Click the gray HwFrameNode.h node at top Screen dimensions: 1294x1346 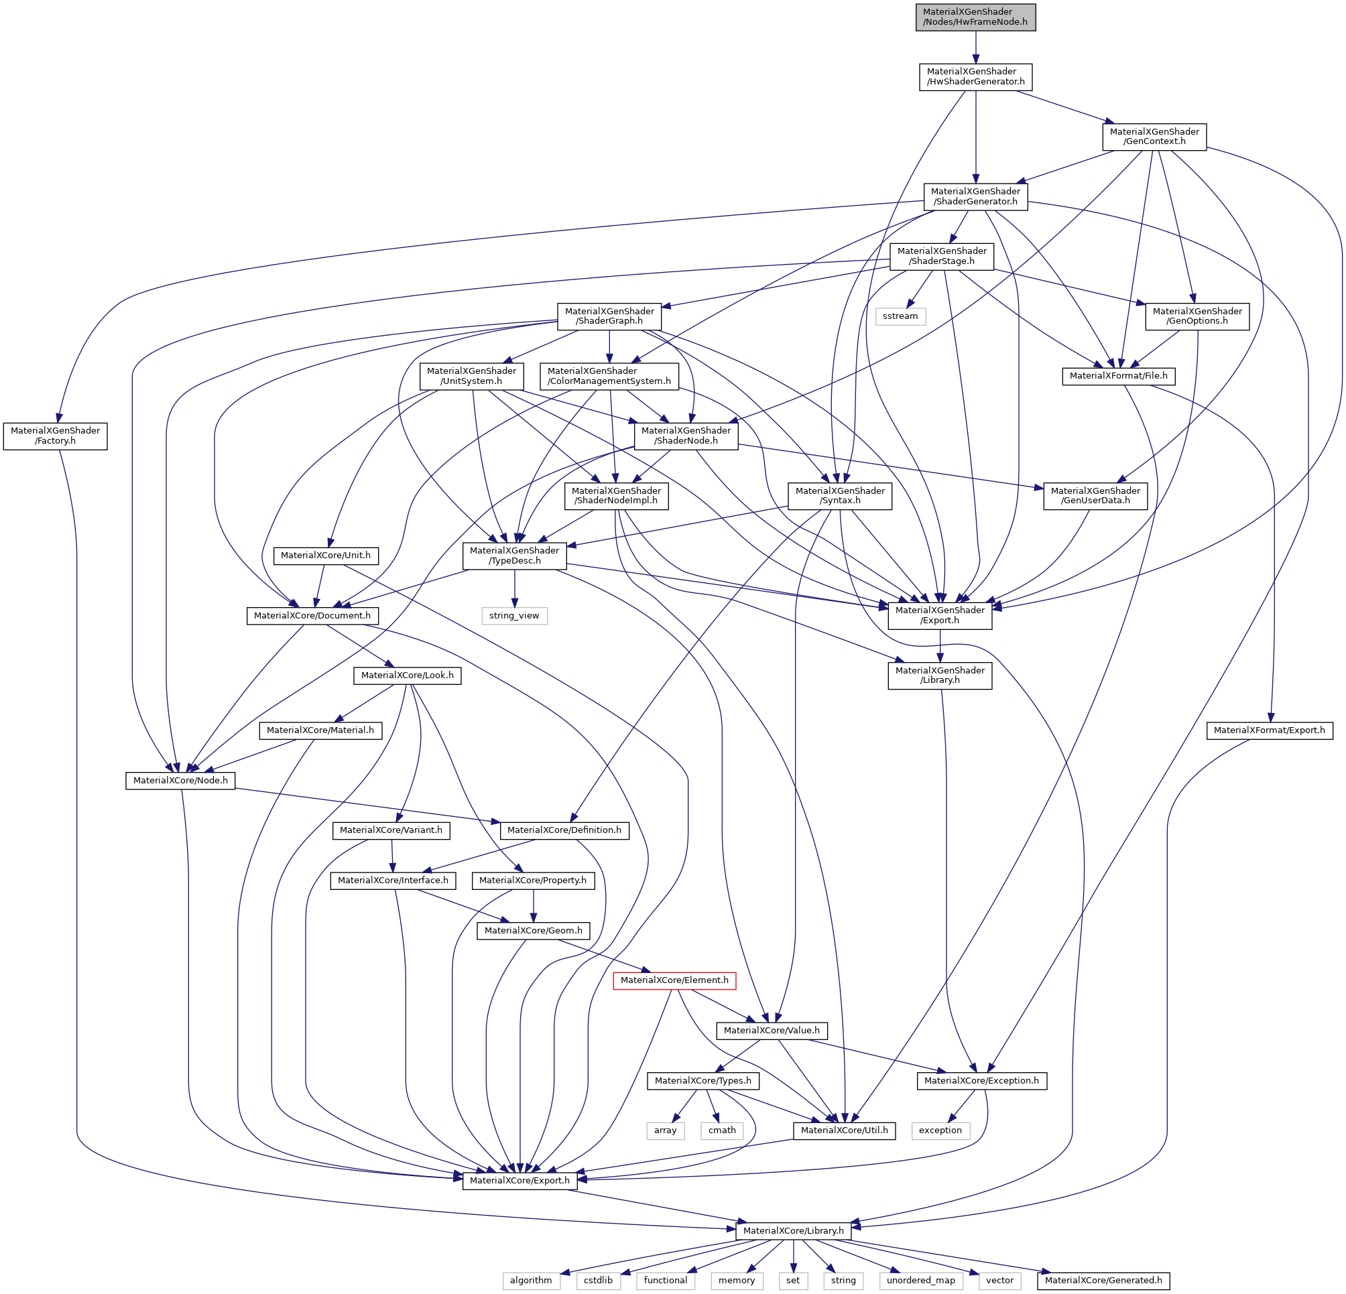(975, 17)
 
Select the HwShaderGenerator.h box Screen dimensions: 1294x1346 (975, 76)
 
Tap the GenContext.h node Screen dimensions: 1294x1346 (1154, 137)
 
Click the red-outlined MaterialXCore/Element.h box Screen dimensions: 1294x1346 (674, 980)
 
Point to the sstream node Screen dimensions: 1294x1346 (900, 316)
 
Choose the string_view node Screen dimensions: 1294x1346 (513, 616)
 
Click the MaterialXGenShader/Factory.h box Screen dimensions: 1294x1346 (55, 436)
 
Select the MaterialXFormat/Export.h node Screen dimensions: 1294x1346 (1269, 730)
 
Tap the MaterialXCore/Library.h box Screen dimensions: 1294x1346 (793, 1231)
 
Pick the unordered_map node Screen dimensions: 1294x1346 (921, 1281)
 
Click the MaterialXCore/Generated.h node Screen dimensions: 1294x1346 (1103, 1281)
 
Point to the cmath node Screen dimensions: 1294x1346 (722, 1130)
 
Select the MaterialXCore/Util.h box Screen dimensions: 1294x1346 (844, 1130)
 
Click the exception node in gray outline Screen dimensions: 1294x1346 (940, 1130)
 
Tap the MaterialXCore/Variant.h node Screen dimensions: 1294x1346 (391, 831)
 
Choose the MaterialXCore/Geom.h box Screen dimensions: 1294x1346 (533, 931)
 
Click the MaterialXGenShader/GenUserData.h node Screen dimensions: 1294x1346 (1095, 496)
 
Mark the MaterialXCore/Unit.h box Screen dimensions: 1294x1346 (326, 556)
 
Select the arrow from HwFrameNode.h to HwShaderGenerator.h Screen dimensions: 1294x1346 (975, 48)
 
